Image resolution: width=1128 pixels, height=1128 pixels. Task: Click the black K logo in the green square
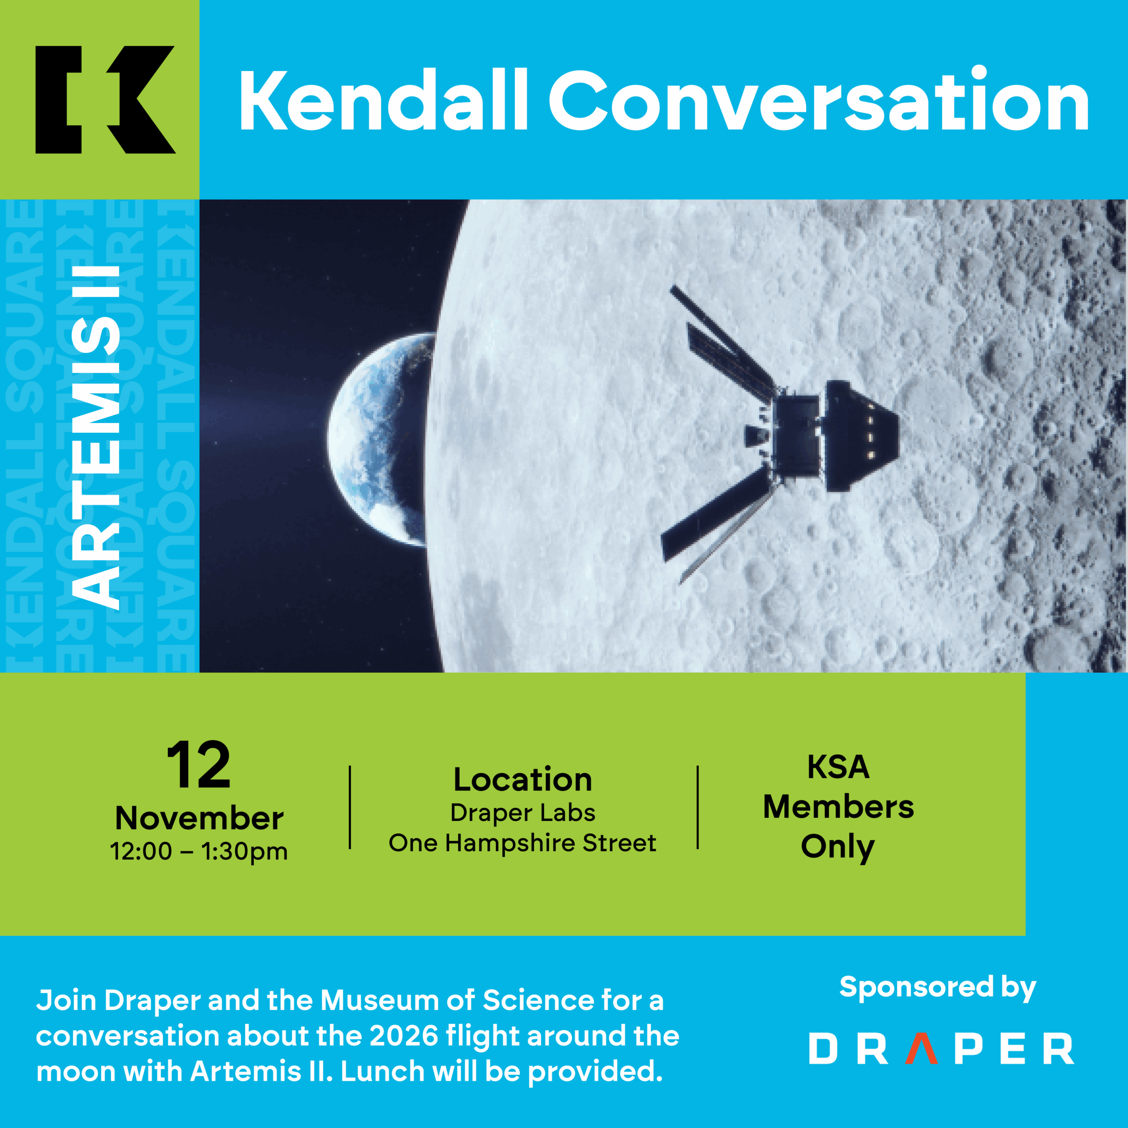pyautogui.click(x=105, y=100)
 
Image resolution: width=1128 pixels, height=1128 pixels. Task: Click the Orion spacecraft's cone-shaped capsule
pyautogui.click(x=861, y=435)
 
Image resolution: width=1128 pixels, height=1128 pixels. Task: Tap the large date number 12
pyautogui.click(x=199, y=765)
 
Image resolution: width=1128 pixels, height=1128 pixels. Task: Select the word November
pyautogui.click(x=199, y=819)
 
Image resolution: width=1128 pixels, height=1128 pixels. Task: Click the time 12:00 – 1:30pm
pyautogui.click(x=199, y=851)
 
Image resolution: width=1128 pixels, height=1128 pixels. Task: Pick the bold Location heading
pyautogui.click(x=523, y=780)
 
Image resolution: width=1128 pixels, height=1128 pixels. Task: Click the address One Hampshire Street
pyautogui.click(x=523, y=843)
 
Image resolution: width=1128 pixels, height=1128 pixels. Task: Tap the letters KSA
pyautogui.click(x=839, y=767)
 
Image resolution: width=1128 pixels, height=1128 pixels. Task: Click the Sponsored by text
pyautogui.click(x=938, y=987)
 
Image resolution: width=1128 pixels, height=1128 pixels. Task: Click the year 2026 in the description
pyautogui.click(x=404, y=1036)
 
